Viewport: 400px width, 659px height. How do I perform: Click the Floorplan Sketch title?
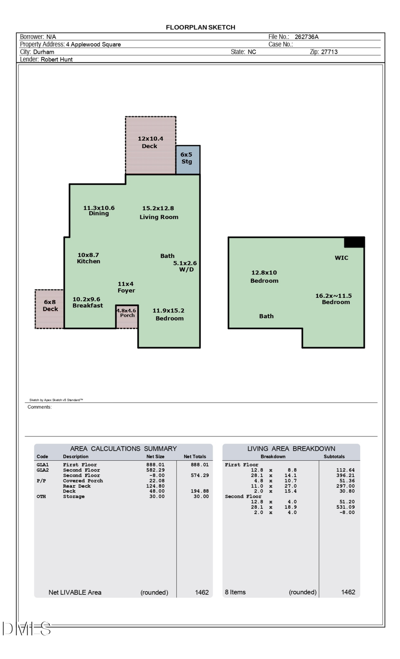(200, 27)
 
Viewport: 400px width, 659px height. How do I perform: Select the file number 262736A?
(306, 37)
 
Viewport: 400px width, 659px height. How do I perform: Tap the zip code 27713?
(329, 52)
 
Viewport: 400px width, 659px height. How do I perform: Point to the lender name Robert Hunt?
(56, 59)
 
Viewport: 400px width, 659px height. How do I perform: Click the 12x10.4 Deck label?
(150, 142)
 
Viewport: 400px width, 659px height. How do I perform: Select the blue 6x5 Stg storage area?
(188, 159)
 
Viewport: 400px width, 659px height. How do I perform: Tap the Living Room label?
(159, 217)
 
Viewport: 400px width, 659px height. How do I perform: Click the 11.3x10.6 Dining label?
(99, 211)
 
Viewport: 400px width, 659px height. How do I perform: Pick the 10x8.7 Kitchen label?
(88, 258)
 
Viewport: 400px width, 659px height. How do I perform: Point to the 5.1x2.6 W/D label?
(185, 266)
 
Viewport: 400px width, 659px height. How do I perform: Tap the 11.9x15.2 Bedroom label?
(168, 314)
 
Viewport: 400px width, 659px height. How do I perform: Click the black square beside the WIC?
(354, 242)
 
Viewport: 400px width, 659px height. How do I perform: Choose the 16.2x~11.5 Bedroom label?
(334, 299)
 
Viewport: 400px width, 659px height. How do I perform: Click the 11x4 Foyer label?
(126, 287)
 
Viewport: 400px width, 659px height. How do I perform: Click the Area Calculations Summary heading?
(123, 448)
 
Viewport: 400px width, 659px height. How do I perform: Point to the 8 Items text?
(235, 592)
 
